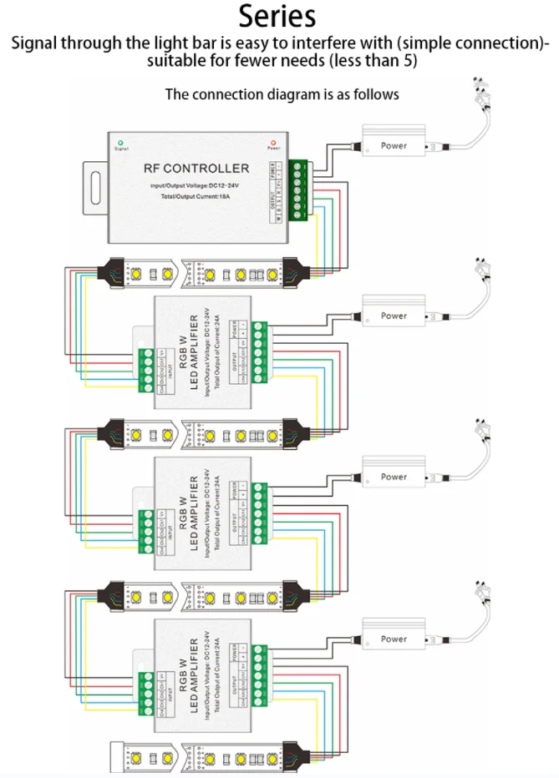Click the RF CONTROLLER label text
pos(196,169)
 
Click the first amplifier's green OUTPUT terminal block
pos(259,351)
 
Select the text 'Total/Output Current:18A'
pos(196,197)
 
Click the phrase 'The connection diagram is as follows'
pos(282,93)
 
